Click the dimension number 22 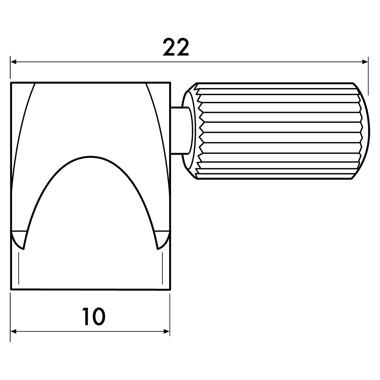[x=176, y=48]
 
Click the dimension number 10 [x=93, y=316]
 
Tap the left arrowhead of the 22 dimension [x=13, y=62]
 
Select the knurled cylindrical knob [x=276, y=131]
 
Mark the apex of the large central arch [x=91, y=158]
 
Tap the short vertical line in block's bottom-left [x=19, y=268]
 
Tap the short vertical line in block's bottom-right [x=162, y=268]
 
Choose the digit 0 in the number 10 [x=99, y=316]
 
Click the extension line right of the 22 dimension [x=368, y=76]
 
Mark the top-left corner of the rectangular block [x=11, y=83]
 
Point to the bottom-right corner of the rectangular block [x=170, y=289]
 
